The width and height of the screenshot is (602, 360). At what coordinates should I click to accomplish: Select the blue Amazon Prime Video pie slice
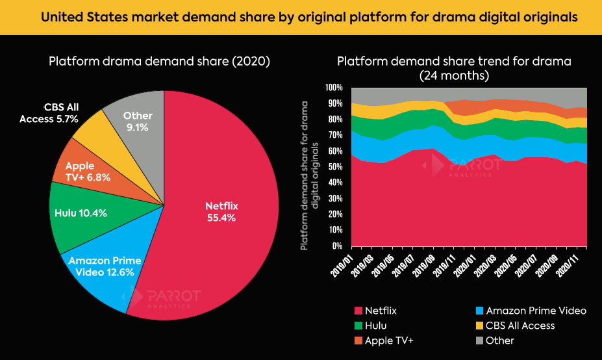pos(104,273)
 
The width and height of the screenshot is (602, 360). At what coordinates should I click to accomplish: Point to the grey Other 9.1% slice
pos(137,121)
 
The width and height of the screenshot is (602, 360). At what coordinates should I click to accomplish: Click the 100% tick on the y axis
pos(334,88)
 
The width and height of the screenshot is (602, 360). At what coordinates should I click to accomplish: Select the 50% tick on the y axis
pos(336,167)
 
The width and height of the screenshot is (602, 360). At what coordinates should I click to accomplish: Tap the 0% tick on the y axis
pos(338,246)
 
